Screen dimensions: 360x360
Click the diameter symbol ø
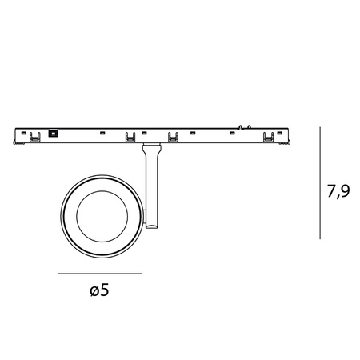coord(95,292)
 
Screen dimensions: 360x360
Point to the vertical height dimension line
coord(320,182)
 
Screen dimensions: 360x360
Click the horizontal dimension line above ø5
coord(100,274)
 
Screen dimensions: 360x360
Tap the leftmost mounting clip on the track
coord(34,138)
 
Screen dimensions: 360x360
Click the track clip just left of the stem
coord(130,138)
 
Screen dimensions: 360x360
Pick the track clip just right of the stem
coord(173,138)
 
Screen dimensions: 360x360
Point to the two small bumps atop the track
coord(245,126)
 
